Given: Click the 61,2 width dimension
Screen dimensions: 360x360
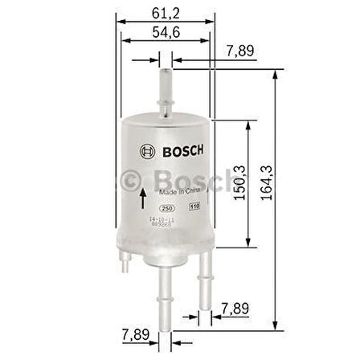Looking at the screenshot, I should (163, 10).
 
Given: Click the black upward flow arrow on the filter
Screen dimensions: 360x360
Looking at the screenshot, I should (143, 198).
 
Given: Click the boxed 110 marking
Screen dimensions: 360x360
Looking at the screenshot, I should (194, 207).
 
